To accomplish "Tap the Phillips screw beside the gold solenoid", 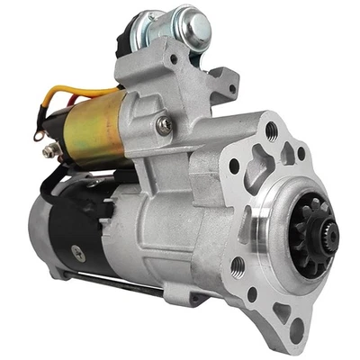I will point(163,126).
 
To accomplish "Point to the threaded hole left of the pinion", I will point(238,265).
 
